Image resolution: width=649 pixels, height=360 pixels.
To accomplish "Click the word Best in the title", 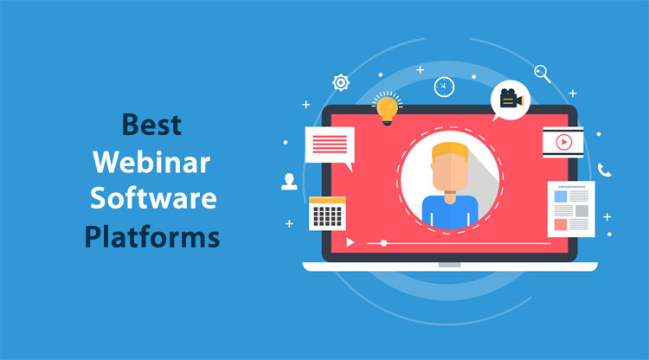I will click(151, 124).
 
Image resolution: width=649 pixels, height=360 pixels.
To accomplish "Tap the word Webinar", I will click(151, 161).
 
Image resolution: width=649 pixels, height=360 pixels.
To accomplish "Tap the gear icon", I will click(341, 83).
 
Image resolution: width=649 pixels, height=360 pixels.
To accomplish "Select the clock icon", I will click(444, 87).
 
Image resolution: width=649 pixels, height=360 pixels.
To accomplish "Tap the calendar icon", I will click(327, 212).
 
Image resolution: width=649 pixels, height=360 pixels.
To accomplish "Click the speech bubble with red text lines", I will click(329, 145).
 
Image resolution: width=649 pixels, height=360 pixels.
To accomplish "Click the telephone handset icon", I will click(604, 170).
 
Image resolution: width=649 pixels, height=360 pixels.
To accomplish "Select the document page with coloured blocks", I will click(570, 209).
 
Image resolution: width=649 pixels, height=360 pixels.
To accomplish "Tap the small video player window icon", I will click(562, 142).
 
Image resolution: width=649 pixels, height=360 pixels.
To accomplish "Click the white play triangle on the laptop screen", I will click(350, 243).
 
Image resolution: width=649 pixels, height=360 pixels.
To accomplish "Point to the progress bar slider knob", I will click(384, 243).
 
